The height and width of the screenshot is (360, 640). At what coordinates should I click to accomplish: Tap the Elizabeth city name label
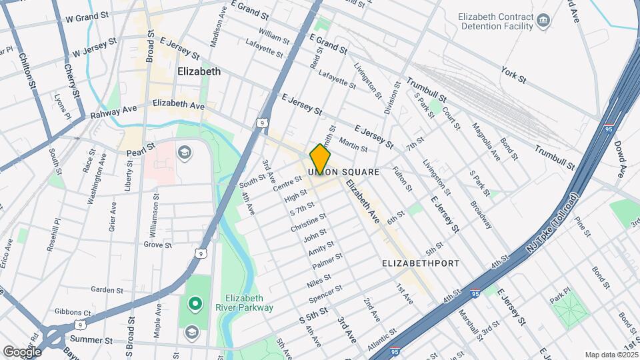point(199,71)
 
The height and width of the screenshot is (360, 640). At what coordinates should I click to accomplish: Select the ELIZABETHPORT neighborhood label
point(420,263)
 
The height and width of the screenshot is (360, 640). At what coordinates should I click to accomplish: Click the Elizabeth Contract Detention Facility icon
point(543,21)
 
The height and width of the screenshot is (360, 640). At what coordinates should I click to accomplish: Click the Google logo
point(23,351)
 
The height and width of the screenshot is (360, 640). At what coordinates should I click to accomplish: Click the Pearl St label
point(141,147)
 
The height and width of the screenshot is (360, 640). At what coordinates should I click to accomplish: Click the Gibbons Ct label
point(73,312)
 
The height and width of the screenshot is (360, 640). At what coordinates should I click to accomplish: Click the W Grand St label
point(83,16)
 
